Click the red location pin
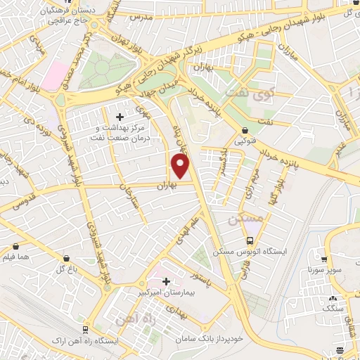click(181, 167)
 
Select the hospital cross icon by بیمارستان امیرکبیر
click(166, 282)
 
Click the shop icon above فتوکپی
click(245, 130)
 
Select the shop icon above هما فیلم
click(16, 247)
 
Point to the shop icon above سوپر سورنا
click(324, 259)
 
